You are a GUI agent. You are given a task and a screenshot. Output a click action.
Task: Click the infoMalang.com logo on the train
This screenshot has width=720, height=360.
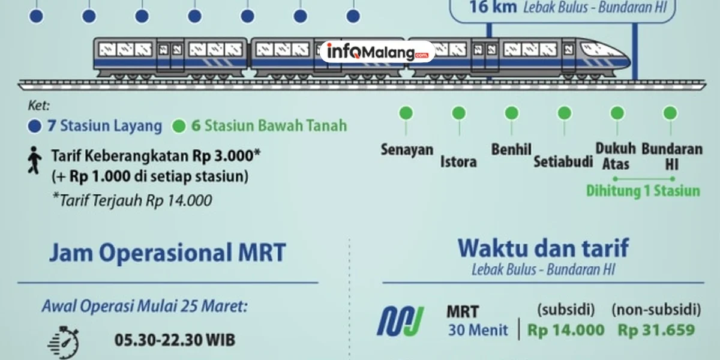377,52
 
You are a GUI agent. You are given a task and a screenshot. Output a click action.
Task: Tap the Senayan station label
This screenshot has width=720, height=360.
407,149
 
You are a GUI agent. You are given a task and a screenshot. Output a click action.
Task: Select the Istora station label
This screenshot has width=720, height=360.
458,161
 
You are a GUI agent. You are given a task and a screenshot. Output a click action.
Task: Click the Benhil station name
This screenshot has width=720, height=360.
511,149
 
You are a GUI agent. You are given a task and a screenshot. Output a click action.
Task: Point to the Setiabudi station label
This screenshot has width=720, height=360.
563,161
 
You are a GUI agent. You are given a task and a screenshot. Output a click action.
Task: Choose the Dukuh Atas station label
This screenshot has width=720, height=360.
616,155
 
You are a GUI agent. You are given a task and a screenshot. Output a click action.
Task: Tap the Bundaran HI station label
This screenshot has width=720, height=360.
671,155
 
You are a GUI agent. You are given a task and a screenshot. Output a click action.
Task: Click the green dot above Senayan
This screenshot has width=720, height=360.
406,113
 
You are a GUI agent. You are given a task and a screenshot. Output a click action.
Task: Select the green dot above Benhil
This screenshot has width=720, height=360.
512,113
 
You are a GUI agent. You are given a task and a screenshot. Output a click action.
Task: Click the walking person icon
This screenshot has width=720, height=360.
35,160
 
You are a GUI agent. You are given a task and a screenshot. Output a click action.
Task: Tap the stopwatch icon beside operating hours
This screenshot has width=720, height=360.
63,343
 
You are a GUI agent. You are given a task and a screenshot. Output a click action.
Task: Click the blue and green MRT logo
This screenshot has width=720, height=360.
400,321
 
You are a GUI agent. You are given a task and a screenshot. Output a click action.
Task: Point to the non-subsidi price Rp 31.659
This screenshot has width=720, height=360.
656,329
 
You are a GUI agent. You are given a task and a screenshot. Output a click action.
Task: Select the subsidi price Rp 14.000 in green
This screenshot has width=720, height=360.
566,329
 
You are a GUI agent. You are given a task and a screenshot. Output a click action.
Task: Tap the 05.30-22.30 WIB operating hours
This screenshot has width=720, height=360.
175,340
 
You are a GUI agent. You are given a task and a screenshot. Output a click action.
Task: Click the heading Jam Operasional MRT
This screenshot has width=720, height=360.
167,253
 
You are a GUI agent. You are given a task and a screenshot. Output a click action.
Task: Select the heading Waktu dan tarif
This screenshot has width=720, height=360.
543,248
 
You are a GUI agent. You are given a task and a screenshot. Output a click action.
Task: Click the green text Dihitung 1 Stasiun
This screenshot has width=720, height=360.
643,191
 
